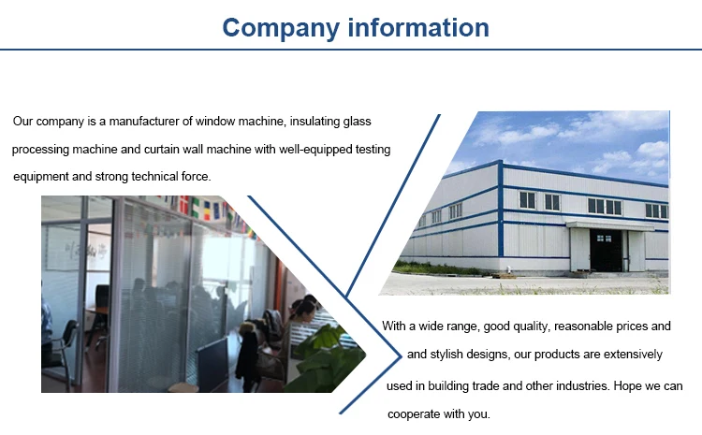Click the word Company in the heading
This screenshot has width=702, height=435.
tap(281, 28)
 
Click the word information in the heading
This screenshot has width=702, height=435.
tap(418, 27)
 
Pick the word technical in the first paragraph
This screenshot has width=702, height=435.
tap(154, 176)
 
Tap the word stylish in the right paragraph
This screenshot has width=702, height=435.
tap(446, 355)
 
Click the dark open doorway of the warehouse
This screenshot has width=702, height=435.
tap(607, 250)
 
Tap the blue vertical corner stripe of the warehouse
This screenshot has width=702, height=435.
tap(500, 209)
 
